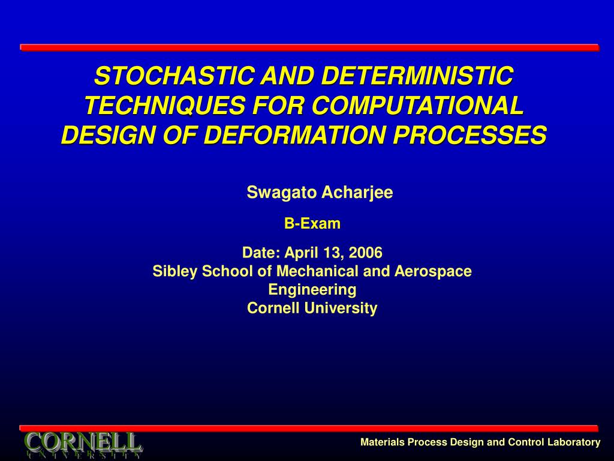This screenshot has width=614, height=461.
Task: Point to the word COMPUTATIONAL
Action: tap(418, 106)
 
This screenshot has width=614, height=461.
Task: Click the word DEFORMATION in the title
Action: tap(295, 135)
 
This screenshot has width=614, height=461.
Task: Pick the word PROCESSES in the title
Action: tap(470, 135)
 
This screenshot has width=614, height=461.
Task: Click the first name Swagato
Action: tap(282, 193)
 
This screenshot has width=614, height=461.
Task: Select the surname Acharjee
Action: tap(357, 193)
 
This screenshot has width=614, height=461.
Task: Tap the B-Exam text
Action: tap(312, 223)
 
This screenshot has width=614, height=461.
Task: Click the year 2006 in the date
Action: tap(365, 253)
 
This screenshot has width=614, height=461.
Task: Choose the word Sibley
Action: tap(175, 271)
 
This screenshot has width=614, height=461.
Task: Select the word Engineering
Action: tap(312, 290)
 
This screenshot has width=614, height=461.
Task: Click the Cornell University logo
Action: tap(83, 445)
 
